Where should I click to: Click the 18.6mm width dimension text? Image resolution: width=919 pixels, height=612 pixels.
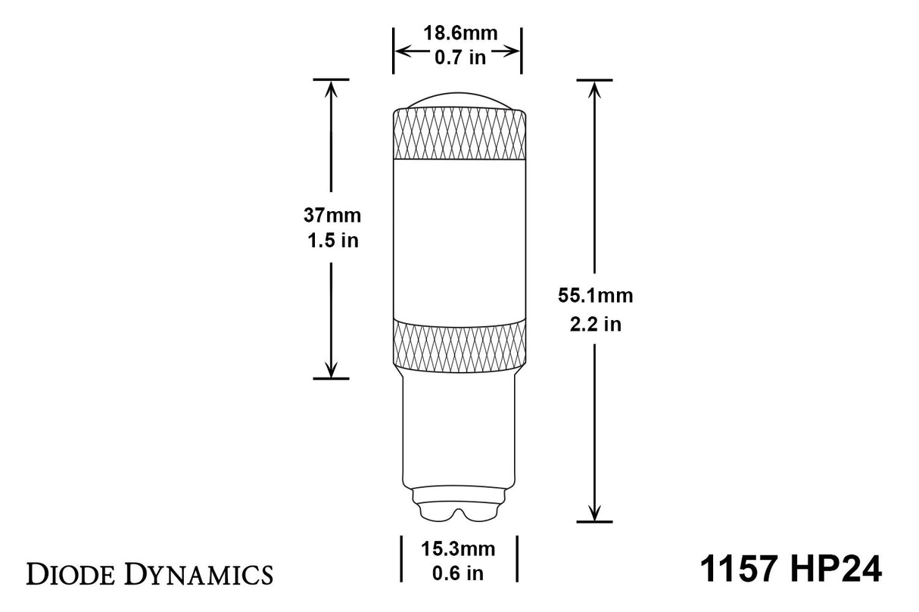pyautogui.click(x=456, y=35)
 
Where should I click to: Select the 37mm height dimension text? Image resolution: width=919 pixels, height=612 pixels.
pyautogui.click(x=332, y=215)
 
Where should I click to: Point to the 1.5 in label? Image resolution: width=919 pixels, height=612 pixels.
pyautogui.click(x=332, y=241)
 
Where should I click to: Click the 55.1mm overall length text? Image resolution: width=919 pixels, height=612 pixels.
pyautogui.click(x=594, y=296)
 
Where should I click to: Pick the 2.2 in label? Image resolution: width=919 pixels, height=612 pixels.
pyautogui.click(x=594, y=324)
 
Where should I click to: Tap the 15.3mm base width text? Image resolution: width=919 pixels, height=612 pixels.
pyautogui.click(x=457, y=548)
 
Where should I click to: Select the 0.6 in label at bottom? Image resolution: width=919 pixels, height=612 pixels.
pyautogui.click(x=457, y=573)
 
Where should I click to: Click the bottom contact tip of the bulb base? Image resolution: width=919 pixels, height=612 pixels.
pyautogui.click(x=458, y=509)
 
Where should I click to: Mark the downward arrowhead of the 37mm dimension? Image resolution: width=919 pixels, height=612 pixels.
pyautogui.click(x=331, y=368)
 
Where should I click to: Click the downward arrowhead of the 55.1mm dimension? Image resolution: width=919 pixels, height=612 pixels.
pyautogui.click(x=594, y=512)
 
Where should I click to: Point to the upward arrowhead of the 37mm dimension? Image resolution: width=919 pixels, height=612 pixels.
pyautogui.click(x=331, y=89)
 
